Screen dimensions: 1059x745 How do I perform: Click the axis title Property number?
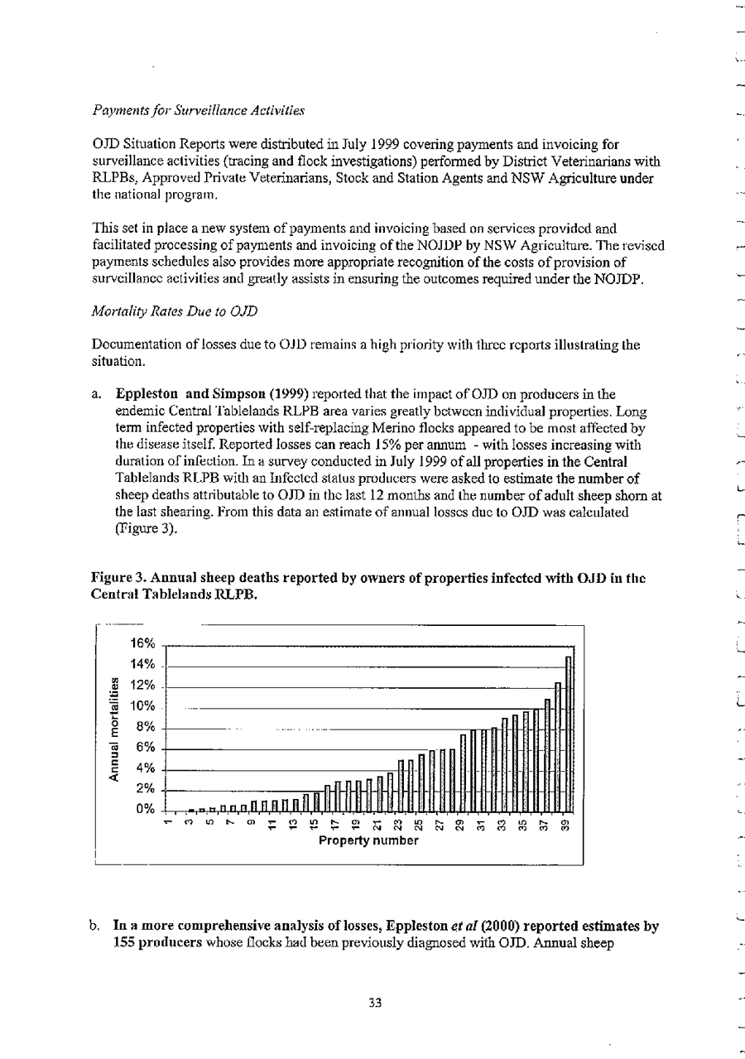click(x=368, y=841)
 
